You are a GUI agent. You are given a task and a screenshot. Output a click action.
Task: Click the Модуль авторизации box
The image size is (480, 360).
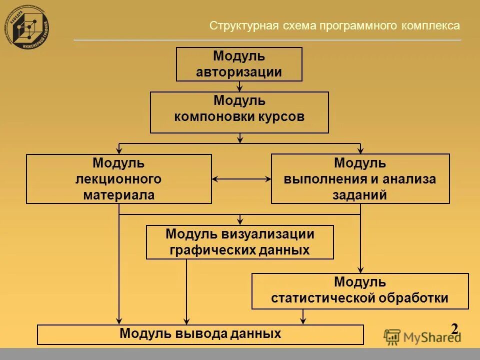pyautogui.click(x=239, y=64)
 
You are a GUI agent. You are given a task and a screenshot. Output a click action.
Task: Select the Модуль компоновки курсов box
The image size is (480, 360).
pyautogui.click(x=239, y=112)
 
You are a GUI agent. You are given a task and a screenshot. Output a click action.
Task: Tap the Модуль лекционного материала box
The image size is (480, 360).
pyautogui.click(x=118, y=178)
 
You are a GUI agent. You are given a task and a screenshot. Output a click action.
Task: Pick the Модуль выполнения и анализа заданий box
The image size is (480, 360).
pyautogui.click(x=360, y=178)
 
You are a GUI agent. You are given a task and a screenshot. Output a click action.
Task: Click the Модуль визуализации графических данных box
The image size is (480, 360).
pyautogui.click(x=239, y=242)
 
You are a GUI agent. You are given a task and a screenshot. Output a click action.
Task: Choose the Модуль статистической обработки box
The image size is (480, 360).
pyautogui.click(x=360, y=291)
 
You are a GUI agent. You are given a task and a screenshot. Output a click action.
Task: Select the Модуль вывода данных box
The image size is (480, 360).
pyautogui.click(x=200, y=334)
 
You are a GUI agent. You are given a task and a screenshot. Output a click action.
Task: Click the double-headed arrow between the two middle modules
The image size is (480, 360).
pyautogui.click(x=241, y=178)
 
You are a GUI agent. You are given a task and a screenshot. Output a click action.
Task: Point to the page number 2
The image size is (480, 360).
pyautogui.click(x=454, y=329)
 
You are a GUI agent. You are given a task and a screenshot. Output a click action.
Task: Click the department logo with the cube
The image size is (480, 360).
pyautogui.click(x=30, y=28)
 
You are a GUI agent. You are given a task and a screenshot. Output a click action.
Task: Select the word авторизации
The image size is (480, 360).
pyautogui.click(x=239, y=72)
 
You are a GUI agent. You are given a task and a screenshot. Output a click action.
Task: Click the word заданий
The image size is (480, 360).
pyautogui.click(x=360, y=195)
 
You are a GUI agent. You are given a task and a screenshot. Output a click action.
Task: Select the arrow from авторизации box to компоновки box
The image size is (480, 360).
pyautogui.click(x=239, y=86)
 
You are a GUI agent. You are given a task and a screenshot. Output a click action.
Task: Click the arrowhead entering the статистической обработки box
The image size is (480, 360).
pyautogui.click(x=360, y=269)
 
